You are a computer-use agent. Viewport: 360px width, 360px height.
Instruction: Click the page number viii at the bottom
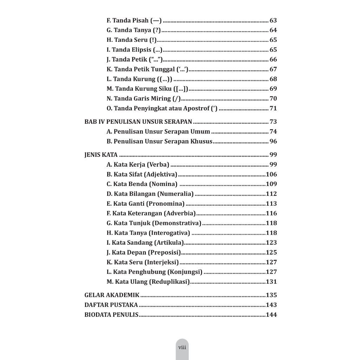(x=182, y=347)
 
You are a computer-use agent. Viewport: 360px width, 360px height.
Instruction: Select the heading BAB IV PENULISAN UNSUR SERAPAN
(x=138, y=122)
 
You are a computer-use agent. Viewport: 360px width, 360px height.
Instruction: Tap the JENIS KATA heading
(x=101, y=155)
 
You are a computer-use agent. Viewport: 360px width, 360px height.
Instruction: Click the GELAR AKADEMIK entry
(x=112, y=295)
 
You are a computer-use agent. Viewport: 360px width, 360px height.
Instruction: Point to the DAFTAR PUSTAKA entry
(x=111, y=305)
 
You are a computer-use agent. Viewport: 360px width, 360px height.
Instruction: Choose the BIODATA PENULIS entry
(x=111, y=315)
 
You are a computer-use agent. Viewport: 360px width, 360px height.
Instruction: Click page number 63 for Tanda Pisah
(x=273, y=20)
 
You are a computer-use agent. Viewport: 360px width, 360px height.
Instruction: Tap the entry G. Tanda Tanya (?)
(x=134, y=30)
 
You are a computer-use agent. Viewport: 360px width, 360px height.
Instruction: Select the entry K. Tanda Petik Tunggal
(x=148, y=69)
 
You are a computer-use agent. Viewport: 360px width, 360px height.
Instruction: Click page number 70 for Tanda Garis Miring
(x=273, y=98)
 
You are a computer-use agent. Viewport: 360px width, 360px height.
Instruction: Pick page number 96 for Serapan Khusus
(x=273, y=141)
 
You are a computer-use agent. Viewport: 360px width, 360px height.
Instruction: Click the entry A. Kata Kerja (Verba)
(x=138, y=165)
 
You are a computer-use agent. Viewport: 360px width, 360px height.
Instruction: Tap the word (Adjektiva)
(x=160, y=174)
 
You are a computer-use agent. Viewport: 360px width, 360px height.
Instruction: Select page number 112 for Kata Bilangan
(x=271, y=194)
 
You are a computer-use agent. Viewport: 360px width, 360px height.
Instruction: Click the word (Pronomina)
(x=165, y=204)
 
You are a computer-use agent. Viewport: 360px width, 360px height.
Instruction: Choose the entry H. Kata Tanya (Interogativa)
(x=148, y=233)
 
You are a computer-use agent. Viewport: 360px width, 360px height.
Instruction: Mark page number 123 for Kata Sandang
(x=271, y=243)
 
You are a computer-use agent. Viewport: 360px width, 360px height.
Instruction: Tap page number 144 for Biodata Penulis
(x=271, y=315)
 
